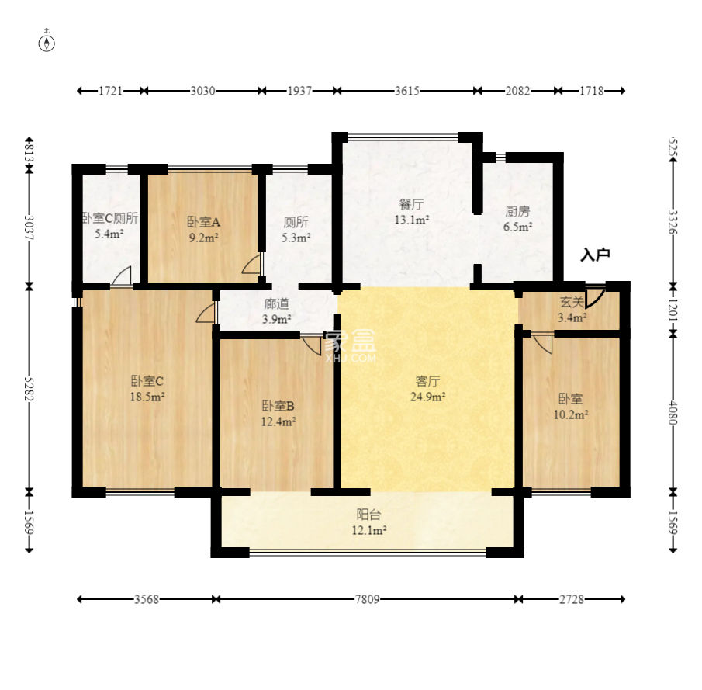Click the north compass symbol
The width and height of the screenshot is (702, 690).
coord(47,41)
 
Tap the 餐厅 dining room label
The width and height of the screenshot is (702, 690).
coord(411,205)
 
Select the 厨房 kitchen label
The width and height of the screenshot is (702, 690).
coord(517,211)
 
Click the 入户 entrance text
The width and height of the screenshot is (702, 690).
coord(595,255)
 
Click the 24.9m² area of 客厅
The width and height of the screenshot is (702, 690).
coord(427,397)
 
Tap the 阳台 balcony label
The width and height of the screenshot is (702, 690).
coord(368,515)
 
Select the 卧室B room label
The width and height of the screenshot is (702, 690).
coord(278,406)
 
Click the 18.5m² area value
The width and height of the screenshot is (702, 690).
coord(147,397)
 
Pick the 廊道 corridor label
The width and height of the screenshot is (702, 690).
coord(276,303)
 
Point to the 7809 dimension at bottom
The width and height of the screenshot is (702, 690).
coord(367,599)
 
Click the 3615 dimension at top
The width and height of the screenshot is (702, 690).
coord(407,91)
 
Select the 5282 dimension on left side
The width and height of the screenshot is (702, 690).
coord(29,389)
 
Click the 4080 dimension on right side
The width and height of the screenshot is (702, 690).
coord(673,413)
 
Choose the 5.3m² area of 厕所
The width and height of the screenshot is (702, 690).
coord(296,238)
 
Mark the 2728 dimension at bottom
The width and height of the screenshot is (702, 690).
coord(571,599)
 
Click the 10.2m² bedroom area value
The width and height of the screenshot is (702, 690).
coord(571,414)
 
